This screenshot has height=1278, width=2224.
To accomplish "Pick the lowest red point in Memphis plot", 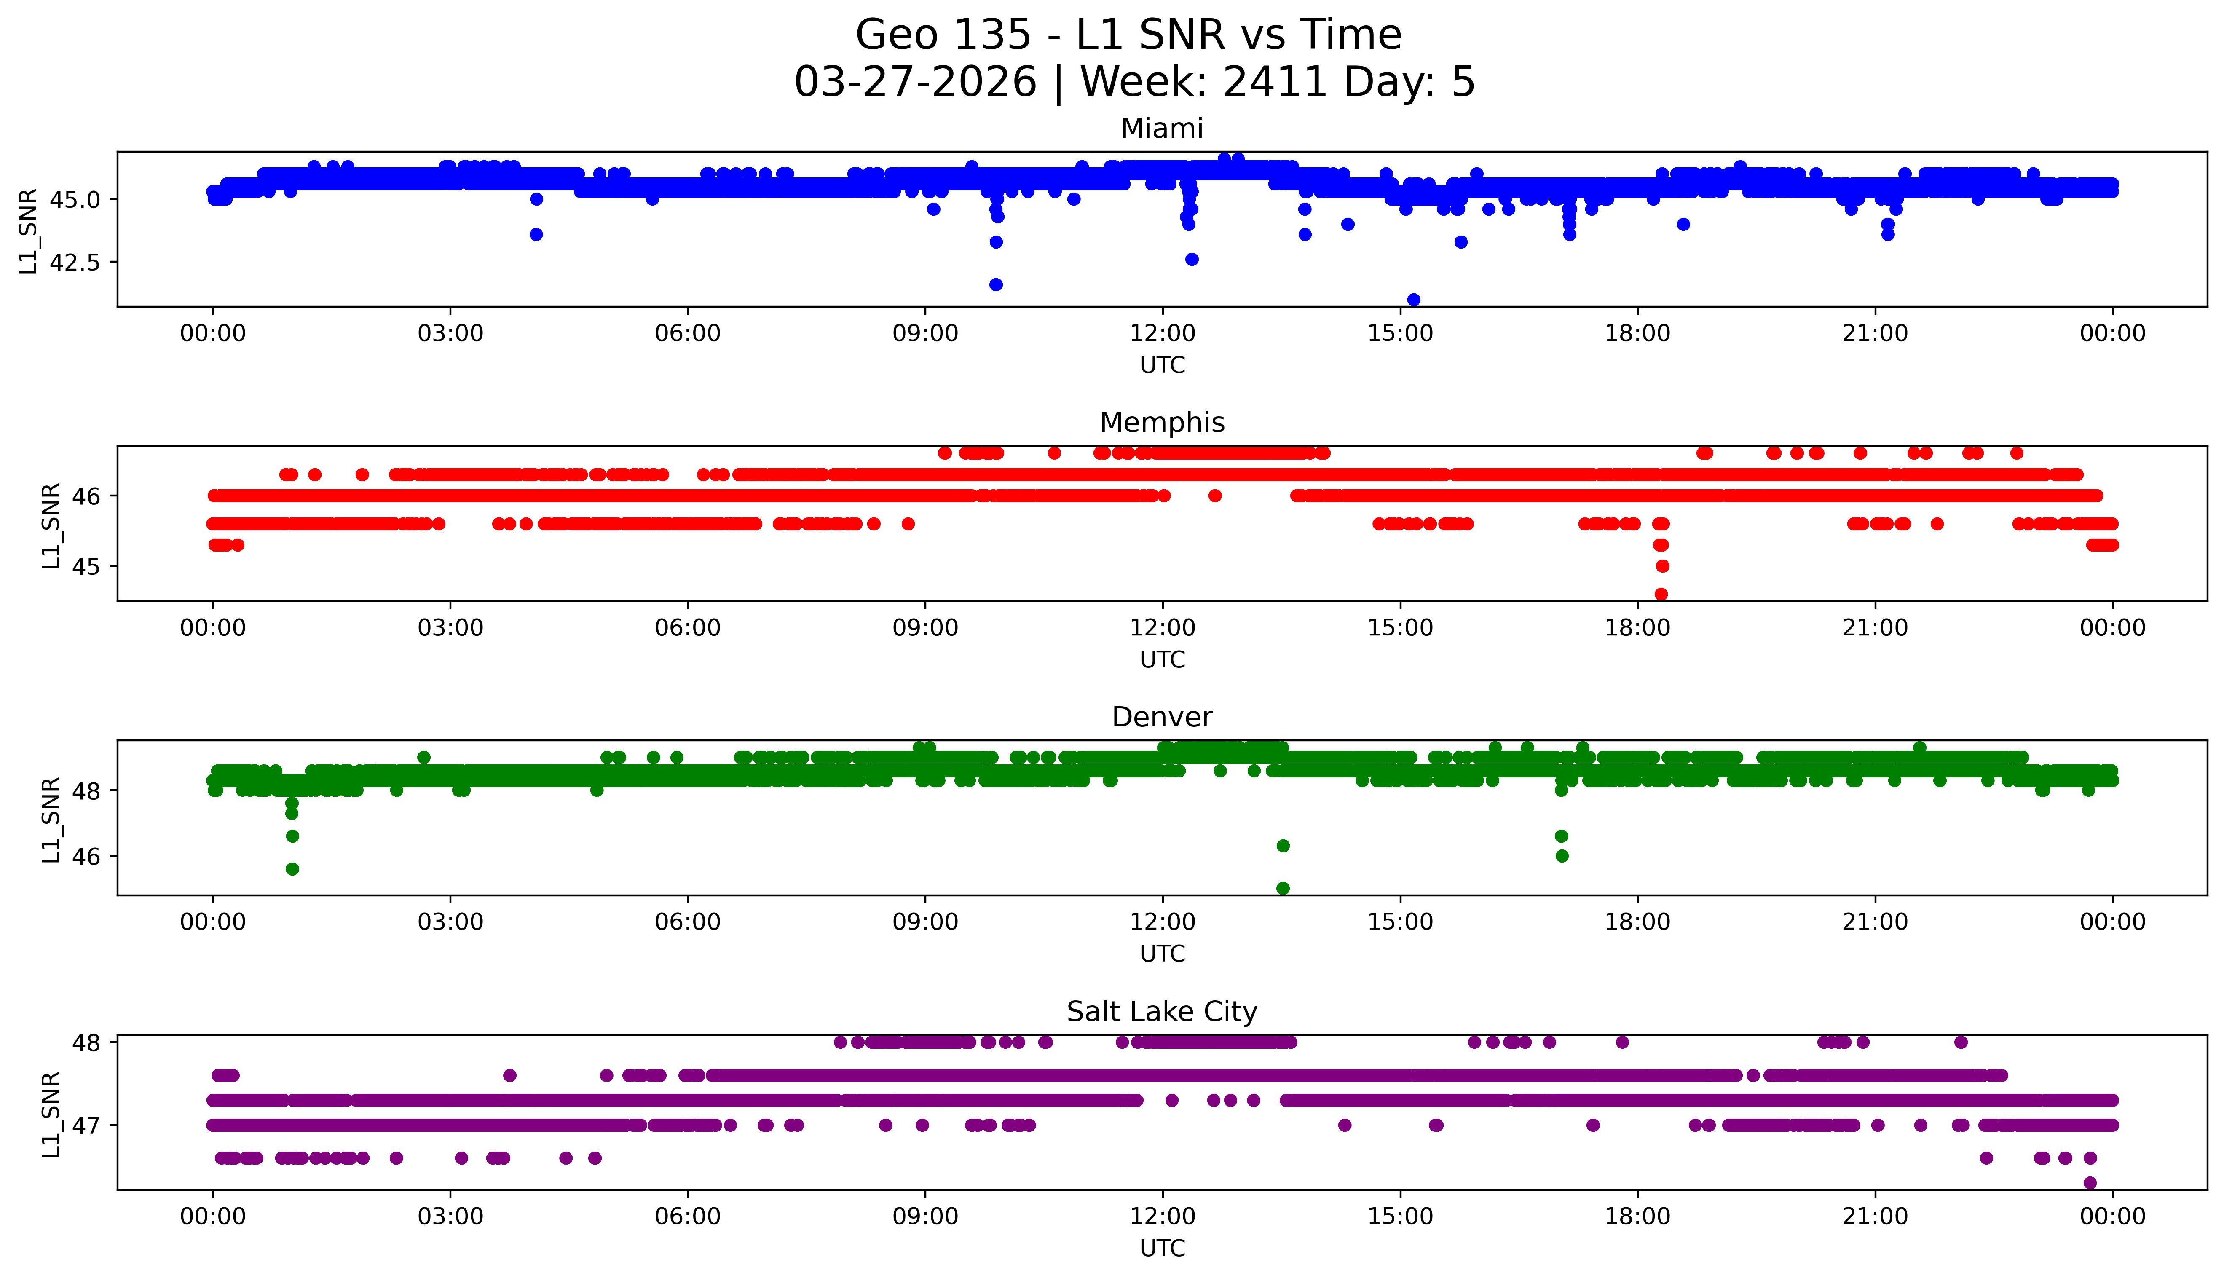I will click(1661, 594).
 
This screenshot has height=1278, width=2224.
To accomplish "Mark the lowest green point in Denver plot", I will click(1282, 888).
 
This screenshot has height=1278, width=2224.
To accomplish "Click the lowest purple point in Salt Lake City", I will click(2090, 1182).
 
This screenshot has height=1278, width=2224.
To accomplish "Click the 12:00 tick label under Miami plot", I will click(1162, 334).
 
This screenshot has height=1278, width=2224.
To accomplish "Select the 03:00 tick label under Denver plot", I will click(450, 922).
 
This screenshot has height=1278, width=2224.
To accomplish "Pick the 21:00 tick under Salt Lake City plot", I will click(1875, 1216).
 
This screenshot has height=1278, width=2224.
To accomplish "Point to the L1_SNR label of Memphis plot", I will click(51, 525).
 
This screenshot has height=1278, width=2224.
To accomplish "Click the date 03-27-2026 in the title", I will click(915, 83).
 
